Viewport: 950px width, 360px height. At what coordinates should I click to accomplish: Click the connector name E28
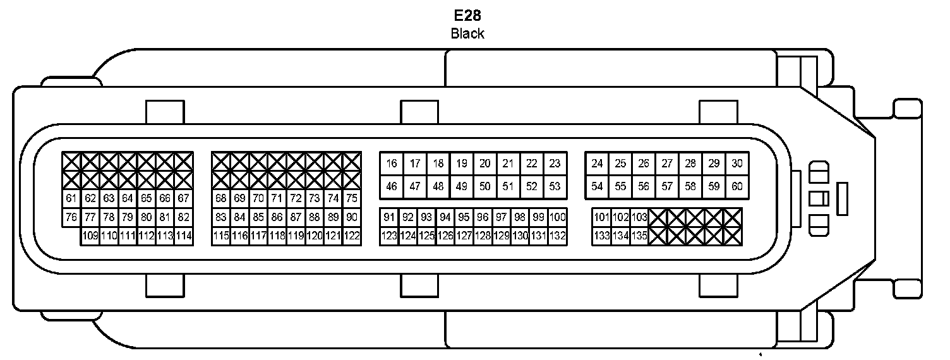pos(467,15)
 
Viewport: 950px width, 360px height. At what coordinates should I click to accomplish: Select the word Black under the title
pos(467,33)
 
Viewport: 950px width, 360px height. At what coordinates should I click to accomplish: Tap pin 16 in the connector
pos(392,164)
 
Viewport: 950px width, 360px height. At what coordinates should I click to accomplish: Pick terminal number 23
pos(555,164)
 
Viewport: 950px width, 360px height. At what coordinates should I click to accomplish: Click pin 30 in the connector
pos(737,164)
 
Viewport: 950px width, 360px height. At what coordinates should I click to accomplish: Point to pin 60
pos(737,186)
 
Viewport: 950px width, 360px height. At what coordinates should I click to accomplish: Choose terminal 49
pos(462,186)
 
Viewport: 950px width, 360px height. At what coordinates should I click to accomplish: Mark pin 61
pos(71,198)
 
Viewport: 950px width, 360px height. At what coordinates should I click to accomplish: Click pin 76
pos(71,217)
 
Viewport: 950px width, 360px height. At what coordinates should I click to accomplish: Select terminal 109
pos(90,236)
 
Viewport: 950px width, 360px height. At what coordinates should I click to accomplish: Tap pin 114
pos(184,236)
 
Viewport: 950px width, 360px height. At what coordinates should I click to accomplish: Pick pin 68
pos(221,198)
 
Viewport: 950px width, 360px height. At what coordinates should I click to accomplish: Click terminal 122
pos(352,236)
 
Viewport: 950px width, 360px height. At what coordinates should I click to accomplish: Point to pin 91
pos(389,217)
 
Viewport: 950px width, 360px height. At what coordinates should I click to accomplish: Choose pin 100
pos(557,217)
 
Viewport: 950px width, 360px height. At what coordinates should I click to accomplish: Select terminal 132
pos(557,236)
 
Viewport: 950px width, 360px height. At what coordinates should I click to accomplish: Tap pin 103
pos(639,217)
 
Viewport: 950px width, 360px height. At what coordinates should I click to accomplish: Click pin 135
pos(639,236)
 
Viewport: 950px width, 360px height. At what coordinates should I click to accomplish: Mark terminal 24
pos(597,164)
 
